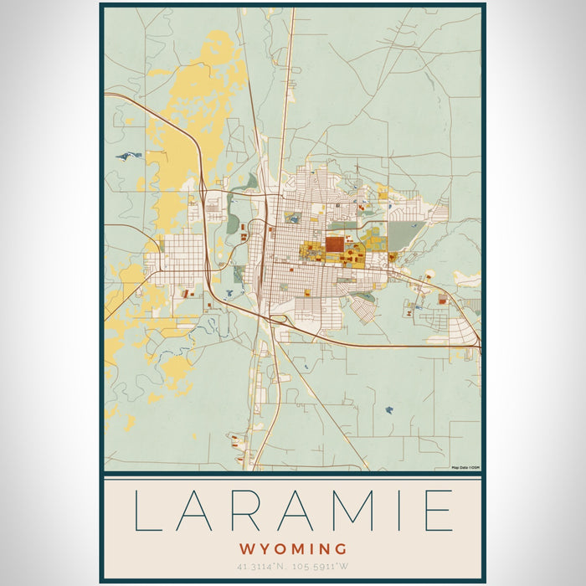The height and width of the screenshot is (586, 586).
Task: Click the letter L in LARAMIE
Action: pyautogui.click(x=149, y=511)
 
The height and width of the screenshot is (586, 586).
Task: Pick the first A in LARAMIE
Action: pyautogui.click(x=200, y=511)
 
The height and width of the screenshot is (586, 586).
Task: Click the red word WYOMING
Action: pyautogui.click(x=293, y=549)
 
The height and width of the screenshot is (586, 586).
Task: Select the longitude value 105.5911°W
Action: pyautogui.click(x=331, y=567)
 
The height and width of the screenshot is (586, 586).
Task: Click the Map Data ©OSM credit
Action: pyautogui.click(x=465, y=467)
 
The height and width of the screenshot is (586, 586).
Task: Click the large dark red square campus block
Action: pyautogui.click(x=334, y=244)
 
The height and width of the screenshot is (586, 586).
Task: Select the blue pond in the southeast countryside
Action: pyautogui.click(x=389, y=410)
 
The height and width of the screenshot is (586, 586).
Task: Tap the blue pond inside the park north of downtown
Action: pyautogui.click(x=292, y=217)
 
